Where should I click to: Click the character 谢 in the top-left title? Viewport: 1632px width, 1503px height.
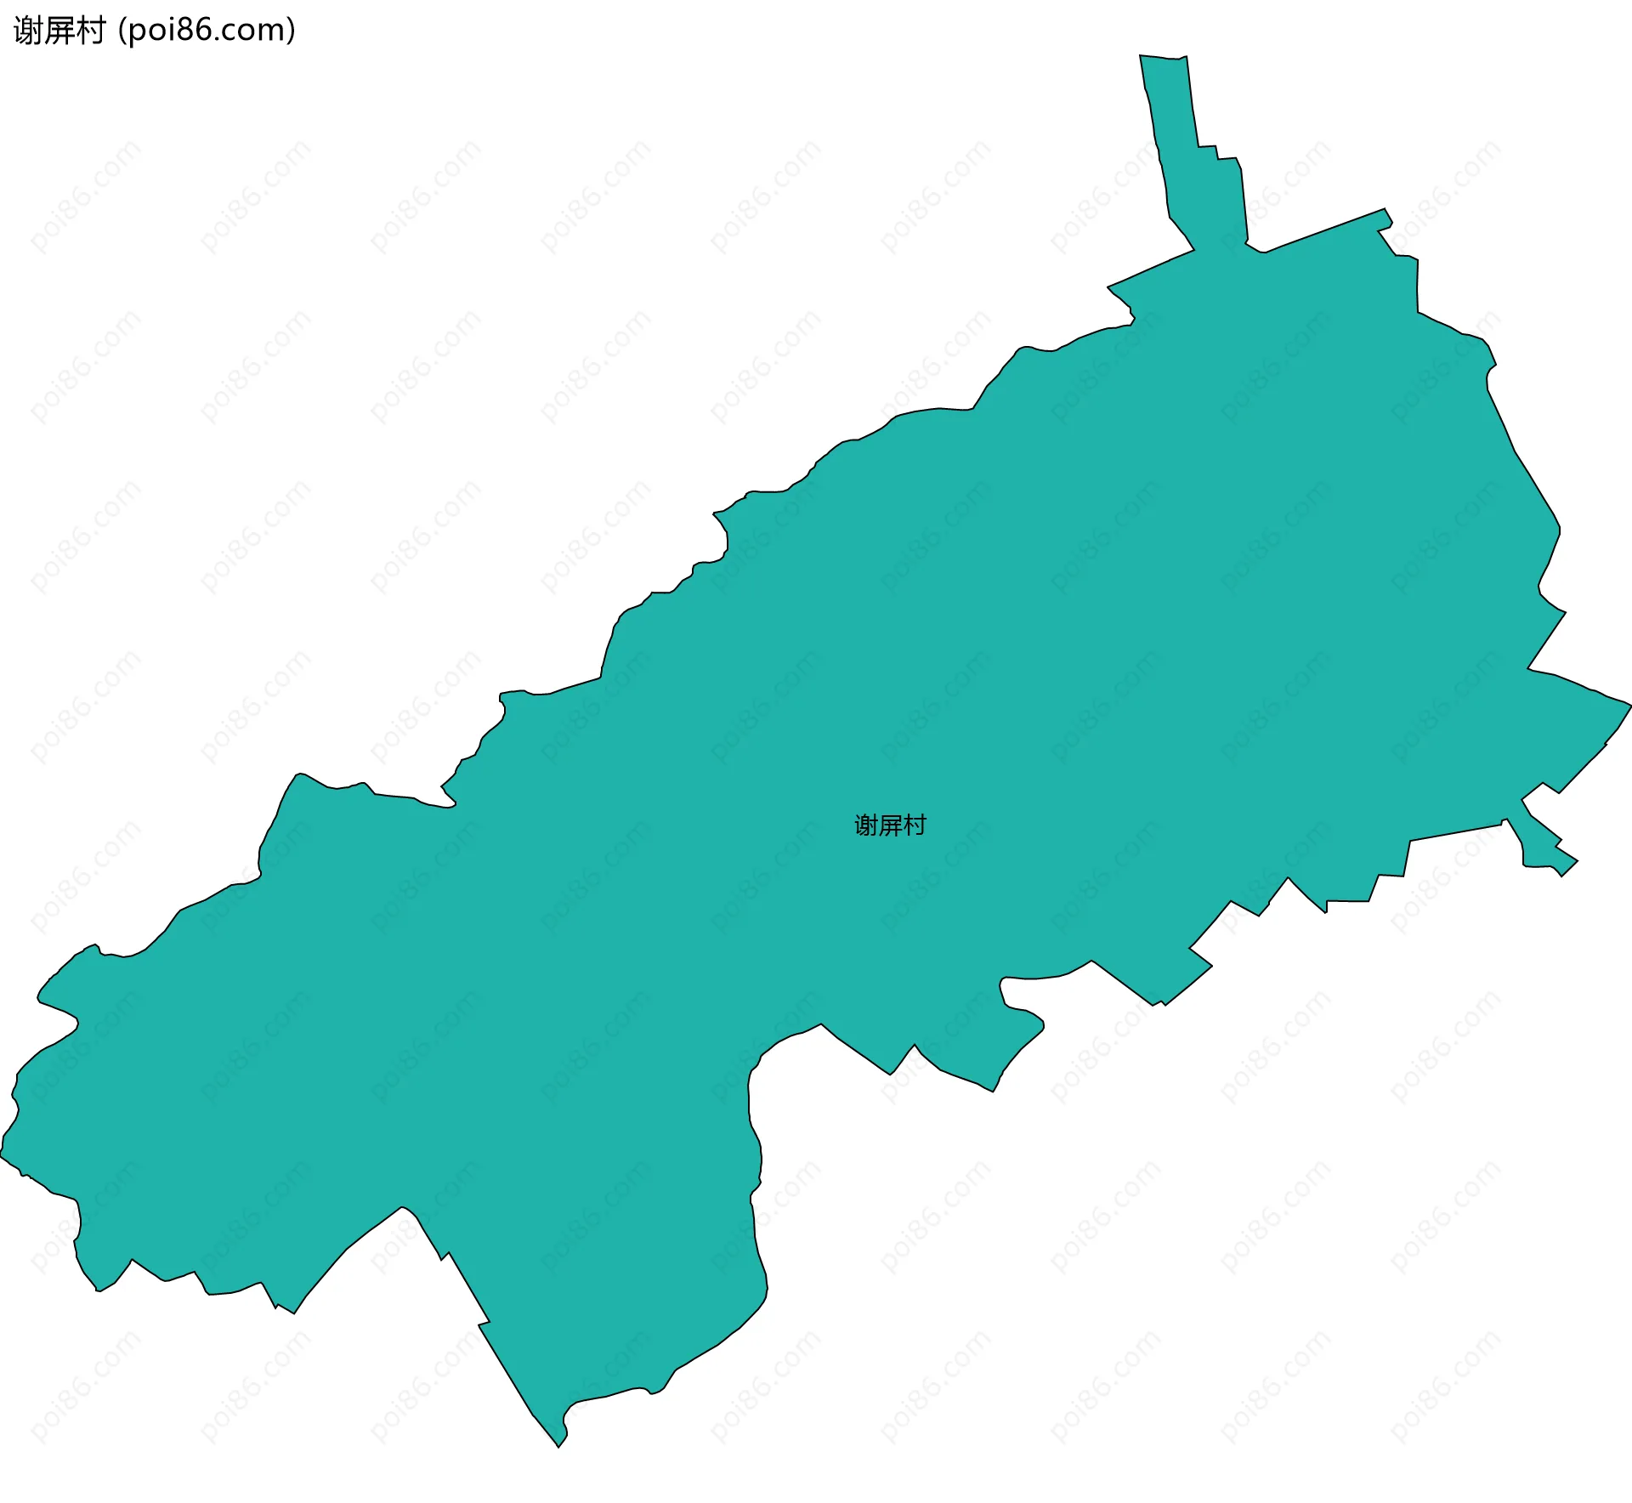click(29, 31)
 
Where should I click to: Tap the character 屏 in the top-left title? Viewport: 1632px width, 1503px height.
click(59, 31)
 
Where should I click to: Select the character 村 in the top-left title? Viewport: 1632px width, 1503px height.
click(90, 31)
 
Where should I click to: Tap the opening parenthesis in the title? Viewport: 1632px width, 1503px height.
click(122, 31)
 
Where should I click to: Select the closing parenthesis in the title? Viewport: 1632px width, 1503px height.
click(292, 31)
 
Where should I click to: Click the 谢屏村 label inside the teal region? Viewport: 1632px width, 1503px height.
click(890, 825)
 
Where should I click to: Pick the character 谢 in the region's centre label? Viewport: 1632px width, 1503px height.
click(866, 825)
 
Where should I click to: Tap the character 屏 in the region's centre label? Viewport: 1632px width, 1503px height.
click(890, 825)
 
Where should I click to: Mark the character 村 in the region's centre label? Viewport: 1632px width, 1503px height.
click(915, 825)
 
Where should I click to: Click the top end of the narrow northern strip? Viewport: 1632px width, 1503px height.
click(1163, 58)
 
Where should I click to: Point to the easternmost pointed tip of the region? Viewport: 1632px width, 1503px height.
click(1629, 704)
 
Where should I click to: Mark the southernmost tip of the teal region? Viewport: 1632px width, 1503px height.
click(559, 1446)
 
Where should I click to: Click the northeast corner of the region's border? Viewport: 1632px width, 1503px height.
click(1385, 211)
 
